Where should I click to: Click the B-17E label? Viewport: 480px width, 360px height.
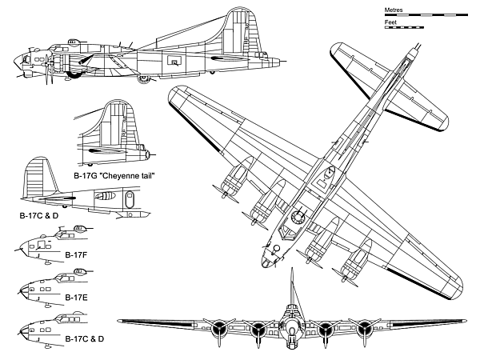tap(77, 297)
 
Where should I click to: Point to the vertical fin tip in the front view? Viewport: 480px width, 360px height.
tap(291, 271)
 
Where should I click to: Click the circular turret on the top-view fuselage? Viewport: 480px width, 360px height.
tap(299, 216)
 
